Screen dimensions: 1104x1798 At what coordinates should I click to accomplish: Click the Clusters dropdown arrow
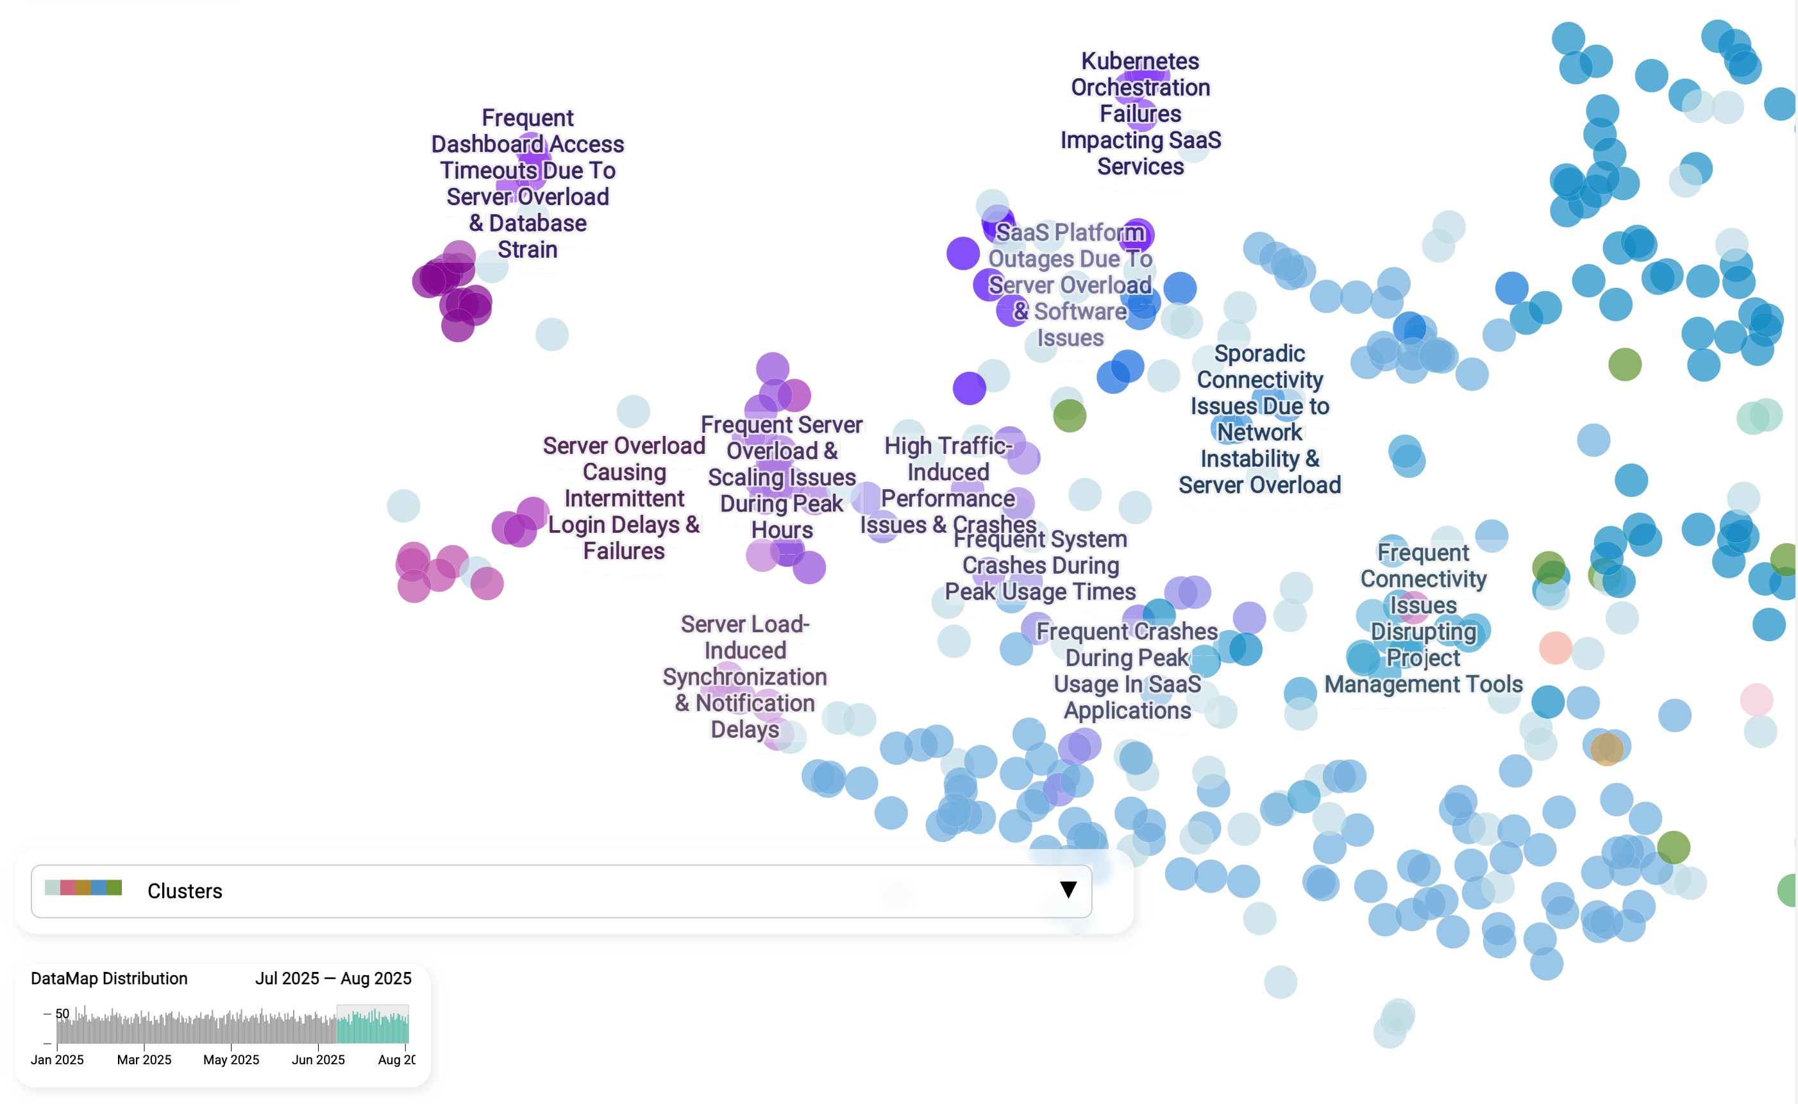coord(1068,889)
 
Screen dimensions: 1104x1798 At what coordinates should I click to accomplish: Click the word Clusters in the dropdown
coord(185,891)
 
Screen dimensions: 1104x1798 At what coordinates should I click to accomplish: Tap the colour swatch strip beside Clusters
coord(83,888)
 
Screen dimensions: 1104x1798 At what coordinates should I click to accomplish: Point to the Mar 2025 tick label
coord(144,1060)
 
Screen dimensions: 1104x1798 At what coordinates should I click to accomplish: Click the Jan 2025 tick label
coord(57,1060)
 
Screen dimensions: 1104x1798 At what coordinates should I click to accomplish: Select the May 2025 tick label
coord(231,1060)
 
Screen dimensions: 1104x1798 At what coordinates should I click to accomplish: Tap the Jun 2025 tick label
coord(317,1060)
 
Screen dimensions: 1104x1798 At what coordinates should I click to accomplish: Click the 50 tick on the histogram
coord(62,1014)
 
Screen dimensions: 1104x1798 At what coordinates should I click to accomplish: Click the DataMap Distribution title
coord(109,978)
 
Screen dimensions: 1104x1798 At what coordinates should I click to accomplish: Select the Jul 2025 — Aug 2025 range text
coord(333,978)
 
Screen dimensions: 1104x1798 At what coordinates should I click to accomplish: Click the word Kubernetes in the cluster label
coord(1140,62)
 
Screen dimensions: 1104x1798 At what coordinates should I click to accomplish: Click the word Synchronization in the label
coord(744,677)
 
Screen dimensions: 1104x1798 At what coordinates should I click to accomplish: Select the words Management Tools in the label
coord(1424,684)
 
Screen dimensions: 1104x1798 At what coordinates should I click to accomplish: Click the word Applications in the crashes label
coord(1127,710)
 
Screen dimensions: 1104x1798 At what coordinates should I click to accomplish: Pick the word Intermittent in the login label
coord(624,499)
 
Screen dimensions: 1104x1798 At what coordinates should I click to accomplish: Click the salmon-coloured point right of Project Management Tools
coord(1555,648)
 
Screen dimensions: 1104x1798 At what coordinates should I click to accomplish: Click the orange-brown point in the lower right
coord(1607,749)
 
